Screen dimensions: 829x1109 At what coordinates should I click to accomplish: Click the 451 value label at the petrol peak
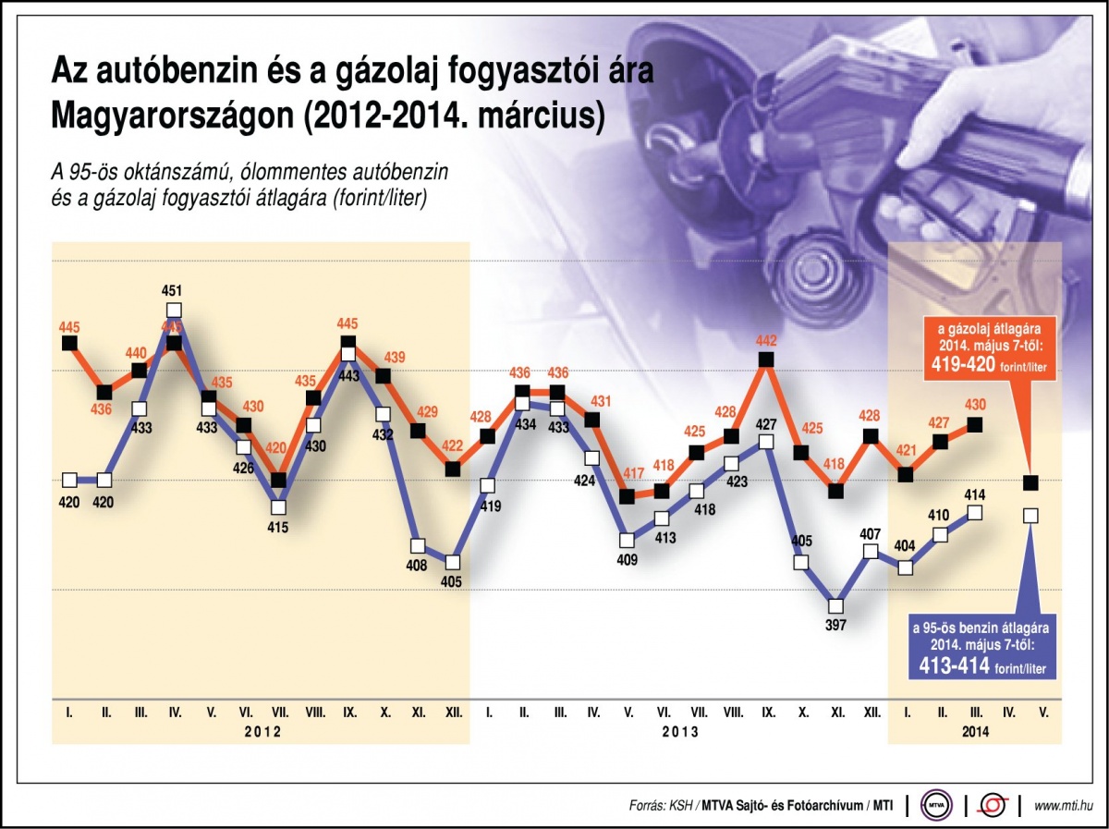[174, 292]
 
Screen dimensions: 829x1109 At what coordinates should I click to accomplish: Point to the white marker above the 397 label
[835, 606]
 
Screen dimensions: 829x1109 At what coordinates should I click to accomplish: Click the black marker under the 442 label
[765, 360]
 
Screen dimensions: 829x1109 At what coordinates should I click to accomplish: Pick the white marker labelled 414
[975, 513]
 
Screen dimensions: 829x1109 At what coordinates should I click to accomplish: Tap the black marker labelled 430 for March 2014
[974, 425]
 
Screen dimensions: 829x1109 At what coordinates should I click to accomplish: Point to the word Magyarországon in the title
[163, 116]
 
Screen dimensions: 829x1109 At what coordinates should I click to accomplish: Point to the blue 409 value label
[628, 558]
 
